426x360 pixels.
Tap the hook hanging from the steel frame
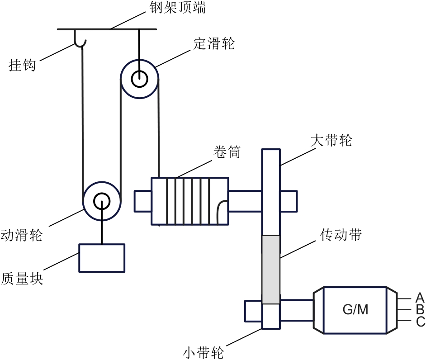coord(81,40)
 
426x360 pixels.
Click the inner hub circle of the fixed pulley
coord(139,80)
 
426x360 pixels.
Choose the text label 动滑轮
coord(21,235)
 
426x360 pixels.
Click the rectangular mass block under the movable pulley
coord(102,258)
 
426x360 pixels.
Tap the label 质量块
coord(22,278)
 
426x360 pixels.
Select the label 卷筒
coord(226,152)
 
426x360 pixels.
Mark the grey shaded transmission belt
coord(271,269)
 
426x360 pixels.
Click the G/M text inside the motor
coord(355,310)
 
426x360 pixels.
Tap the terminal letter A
coord(420,298)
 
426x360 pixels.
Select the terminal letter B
coord(420,310)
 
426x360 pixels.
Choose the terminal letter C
coord(420,322)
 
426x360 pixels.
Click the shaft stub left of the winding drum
coord(143,201)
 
